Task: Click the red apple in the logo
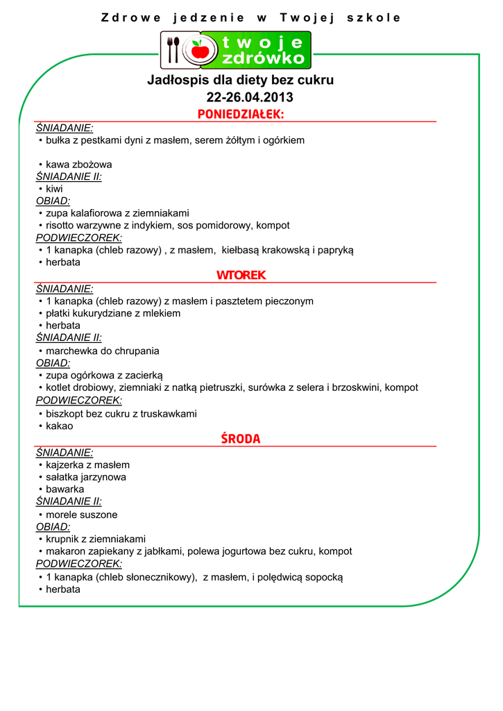pyautogui.click(x=201, y=49)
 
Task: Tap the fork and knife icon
pyautogui.click(x=173, y=49)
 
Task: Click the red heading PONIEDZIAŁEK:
pyautogui.click(x=240, y=115)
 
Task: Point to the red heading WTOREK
pyautogui.click(x=241, y=276)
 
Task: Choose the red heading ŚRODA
pyautogui.click(x=240, y=439)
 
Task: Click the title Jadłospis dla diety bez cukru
pyautogui.click(x=240, y=80)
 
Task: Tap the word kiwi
pyautogui.click(x=54, y=189)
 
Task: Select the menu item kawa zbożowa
pyautogui.click(x=78, y=165)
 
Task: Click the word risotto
pyautogui.click(x=62, y=226)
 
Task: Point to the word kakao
pyautogui.click(x=59, y=426)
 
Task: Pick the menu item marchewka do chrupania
pyautogui.click(x=102, y=351)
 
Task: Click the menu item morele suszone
pyautogui.click(x=81, y=515)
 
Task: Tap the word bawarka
pyautogui.click(x=65, y=490)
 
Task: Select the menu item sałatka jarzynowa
pyautogui.click(x=85, y=477)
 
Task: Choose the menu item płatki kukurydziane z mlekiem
pyautogui.click(x=113, y=313)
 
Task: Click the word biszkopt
pyautogui.click(x=65, y=414)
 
